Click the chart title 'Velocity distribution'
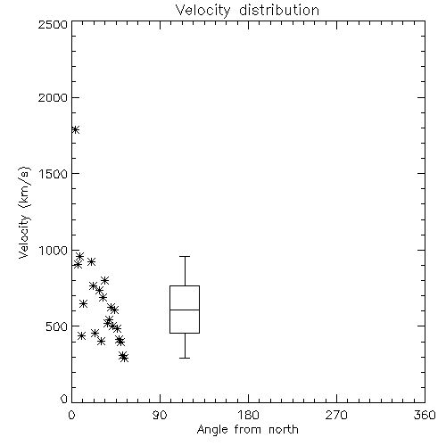coord(247,10)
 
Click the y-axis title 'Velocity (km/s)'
coord(24,212)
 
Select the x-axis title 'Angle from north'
coord(247,430)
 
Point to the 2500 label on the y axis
coord(53,25)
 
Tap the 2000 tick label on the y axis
coord(53,98)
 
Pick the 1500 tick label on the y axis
coord(54,174)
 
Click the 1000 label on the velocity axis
coord(54,251)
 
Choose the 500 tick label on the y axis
coord(57,326)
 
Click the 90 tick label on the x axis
coord(160,415)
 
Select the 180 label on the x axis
coord(248,415)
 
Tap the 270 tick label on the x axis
coord(336,415)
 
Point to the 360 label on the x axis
coord(425,415)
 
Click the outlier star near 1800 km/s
coord(75,129)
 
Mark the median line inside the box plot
coord(185,310)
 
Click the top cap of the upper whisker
coord(185,256)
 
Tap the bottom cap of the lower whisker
coord(185,358)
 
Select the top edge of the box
coord(185,286)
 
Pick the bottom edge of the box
coord(185,333)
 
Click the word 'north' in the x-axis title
coord(284,430)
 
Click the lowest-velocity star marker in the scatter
coord(124,359)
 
